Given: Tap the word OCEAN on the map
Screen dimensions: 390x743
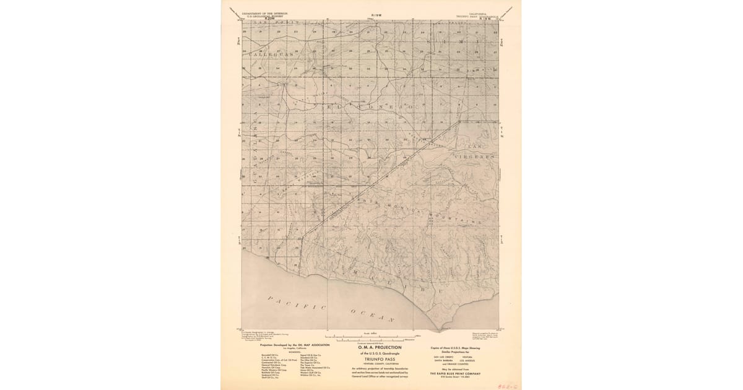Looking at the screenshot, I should (373, 315).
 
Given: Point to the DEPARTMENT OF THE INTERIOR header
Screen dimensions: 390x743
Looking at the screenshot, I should (265, 12).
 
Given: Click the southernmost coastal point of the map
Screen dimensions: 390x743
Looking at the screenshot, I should (441, 329).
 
